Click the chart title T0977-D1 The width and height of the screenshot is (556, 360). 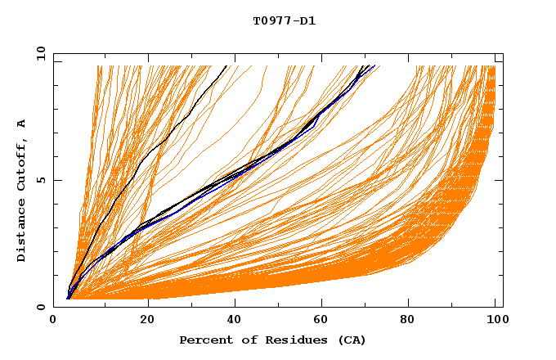pos(284,21)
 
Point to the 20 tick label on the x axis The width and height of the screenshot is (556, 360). pos(148,321)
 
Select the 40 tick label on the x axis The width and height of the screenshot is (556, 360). pos(235,321)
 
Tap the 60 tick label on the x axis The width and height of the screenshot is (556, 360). pos(321,321)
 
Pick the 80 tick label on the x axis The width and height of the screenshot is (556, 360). pos(408,321)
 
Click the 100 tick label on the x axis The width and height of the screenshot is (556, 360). pos(494,321)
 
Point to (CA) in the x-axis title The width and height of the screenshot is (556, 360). pos(352,340)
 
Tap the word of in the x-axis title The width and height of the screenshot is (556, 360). pos(246,340)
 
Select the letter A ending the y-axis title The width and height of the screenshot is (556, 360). pos(22,124)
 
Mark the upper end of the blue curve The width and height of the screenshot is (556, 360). pos(374,66)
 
